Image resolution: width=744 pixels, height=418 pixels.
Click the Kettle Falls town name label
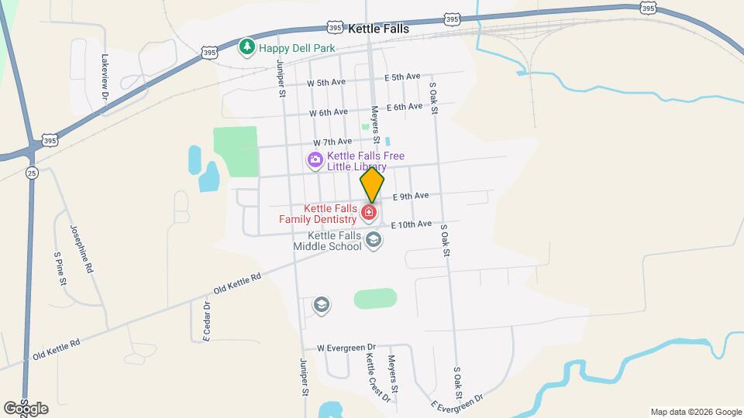coord(379,28)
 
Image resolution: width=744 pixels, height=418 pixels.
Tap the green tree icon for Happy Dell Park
coord(247,47)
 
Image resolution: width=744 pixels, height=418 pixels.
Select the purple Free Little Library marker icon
coord(315,161)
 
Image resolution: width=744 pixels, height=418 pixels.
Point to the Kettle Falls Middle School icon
coord(374,240)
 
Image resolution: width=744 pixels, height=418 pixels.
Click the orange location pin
coord(372,185)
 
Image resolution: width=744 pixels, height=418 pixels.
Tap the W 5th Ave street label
coord(325,82)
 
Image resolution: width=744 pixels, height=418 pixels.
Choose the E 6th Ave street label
coord(404,107)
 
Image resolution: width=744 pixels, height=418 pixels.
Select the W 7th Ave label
coord(332,142)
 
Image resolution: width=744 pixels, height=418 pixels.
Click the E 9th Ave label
coord(410,197)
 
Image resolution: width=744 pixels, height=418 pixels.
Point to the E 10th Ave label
coord(411,224)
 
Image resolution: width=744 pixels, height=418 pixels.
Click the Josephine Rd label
coord(81,248)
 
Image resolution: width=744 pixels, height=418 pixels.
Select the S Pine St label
coord(59,269)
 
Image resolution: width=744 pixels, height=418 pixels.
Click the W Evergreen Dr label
coord(346,348)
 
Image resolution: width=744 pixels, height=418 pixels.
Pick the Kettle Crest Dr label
coord(378,377)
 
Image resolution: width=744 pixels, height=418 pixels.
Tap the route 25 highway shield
coord(30,172)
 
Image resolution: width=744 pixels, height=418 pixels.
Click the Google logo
coord(26,408)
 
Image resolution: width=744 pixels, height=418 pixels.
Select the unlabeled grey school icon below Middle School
coord(322,305)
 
